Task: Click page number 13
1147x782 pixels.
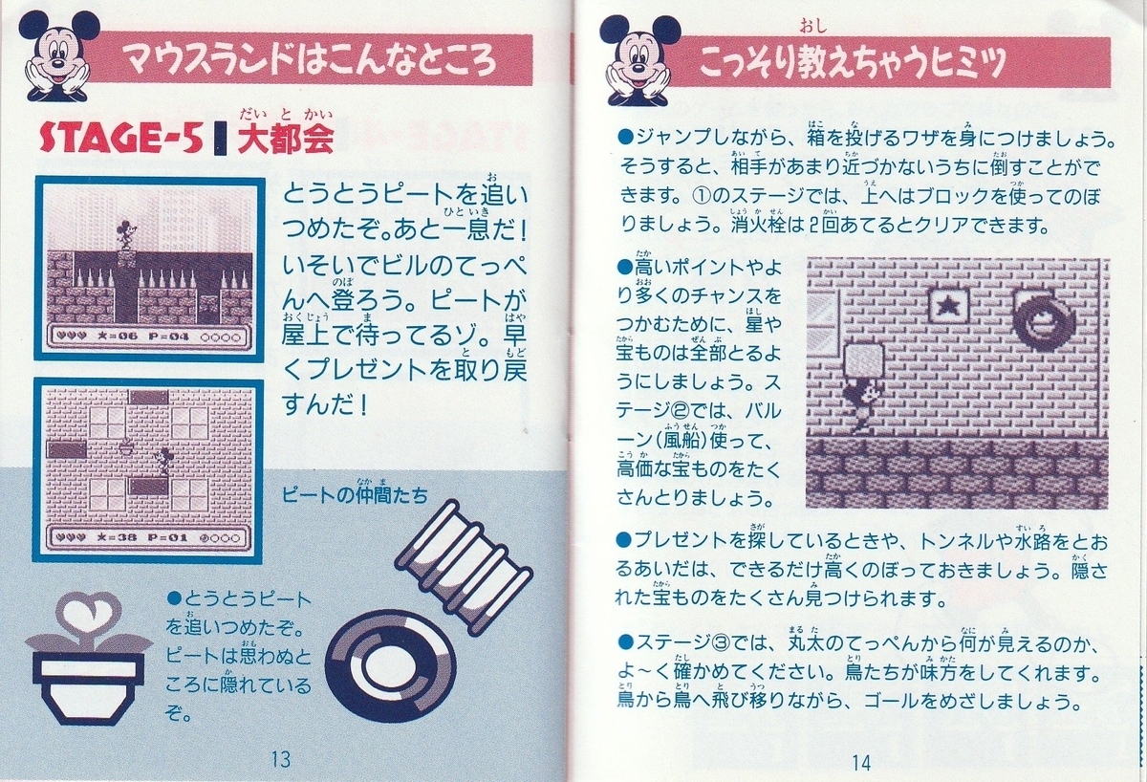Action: (x=279, y=761)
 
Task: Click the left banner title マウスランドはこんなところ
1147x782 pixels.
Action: (x=314, y=61)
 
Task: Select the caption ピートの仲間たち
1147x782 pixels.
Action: (x=355, y=494)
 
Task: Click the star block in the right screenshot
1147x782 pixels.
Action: (x=948, y=308)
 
